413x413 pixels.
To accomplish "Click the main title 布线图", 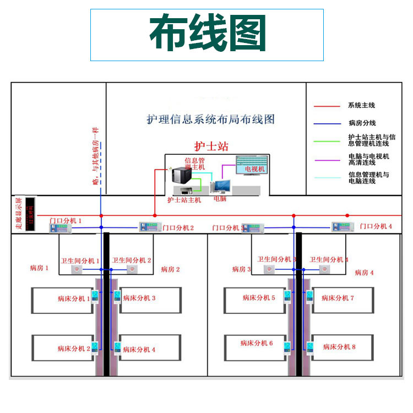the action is pyautogui.click(x=206, y=34).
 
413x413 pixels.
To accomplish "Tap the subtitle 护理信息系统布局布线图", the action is pyautogui.click(x=210, y=119).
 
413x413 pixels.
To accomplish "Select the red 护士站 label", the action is pyautogui.click(x=211, y=146).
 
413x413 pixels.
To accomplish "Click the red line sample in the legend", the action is pyautogui.click(x=327, y=106).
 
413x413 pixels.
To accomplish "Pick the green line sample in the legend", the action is pyautogui.click(x=327, y=142).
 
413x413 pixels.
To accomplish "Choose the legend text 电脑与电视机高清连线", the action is pyautogui.click(x=368, y=159).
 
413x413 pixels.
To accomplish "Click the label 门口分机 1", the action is pyautogui.click(x=66, y=221).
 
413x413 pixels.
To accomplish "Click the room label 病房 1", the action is pyautogui.click(x=40, y=268).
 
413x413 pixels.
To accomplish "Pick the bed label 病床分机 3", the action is pyautogui.click(x=139, y=298).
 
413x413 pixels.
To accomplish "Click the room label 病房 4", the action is pyautogui.click(x=364, y=273).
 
